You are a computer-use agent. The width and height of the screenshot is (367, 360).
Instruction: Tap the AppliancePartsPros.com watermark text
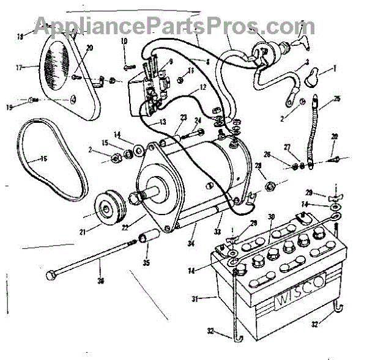174,26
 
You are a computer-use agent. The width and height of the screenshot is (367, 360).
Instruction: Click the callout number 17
21,68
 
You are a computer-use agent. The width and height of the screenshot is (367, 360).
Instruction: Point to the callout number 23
183,118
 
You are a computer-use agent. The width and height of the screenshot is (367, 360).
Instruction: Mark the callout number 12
202,88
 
